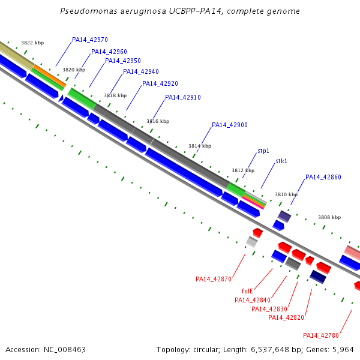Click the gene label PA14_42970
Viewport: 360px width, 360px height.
point(90,40)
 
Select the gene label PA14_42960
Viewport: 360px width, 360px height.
point(109,52)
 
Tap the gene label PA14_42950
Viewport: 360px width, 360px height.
point(123,61)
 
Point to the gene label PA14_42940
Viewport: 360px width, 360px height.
point(141,72)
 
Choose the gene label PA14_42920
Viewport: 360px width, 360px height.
point(160,83)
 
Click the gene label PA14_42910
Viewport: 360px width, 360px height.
point(183,98)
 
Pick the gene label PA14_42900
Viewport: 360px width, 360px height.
point(230,125)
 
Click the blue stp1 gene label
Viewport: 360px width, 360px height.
point(263,151)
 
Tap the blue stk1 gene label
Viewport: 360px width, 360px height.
point(281,161)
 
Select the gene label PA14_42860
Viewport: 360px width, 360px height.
point(323,177)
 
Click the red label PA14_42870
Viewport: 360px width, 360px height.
point(214,279)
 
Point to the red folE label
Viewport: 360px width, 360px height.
point(247,291)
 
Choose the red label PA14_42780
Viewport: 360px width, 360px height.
point(321,335)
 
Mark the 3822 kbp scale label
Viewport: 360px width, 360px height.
point(32,43)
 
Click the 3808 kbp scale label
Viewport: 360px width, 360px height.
point(329,217)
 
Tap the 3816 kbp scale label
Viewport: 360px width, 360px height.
point(158,121)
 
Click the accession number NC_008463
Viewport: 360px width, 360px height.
point(65,350)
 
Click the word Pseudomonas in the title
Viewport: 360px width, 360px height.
point(89,11)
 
